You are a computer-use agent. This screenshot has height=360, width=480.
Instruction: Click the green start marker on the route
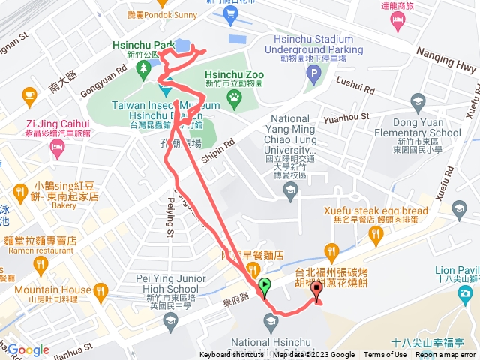pos(264,285)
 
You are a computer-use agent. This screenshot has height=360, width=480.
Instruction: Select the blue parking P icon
pos(314,73)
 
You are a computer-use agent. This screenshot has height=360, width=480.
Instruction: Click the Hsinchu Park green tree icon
pos(142,69)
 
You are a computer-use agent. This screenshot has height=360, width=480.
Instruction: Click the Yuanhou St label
pos(346,118)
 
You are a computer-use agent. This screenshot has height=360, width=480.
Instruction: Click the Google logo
pos(28,349)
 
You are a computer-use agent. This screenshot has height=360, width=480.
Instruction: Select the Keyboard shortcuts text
pos(232,355)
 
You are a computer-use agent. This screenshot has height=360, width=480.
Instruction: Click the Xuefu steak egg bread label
pos(376,211)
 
